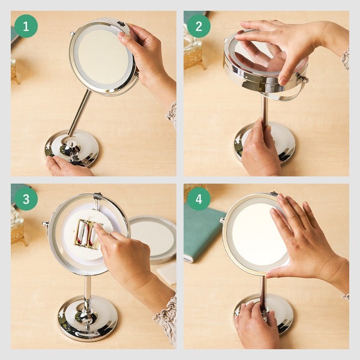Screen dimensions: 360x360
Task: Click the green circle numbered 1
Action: click(26, 26)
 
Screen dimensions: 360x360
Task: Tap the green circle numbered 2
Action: click(199, 26)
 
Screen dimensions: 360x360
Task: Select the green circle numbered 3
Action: click(26, 199)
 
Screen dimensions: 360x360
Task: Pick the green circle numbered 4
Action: click(199, 199)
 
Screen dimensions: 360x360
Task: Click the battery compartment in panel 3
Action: click(88, 233)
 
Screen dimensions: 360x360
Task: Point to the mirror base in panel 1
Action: click(72, 148)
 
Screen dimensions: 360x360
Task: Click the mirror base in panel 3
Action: click(88, 318)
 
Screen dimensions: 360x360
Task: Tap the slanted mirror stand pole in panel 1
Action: click(79, 113)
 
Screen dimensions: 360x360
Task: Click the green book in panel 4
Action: click(202, 232)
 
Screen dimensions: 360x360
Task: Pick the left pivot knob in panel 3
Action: click(45, 224)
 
